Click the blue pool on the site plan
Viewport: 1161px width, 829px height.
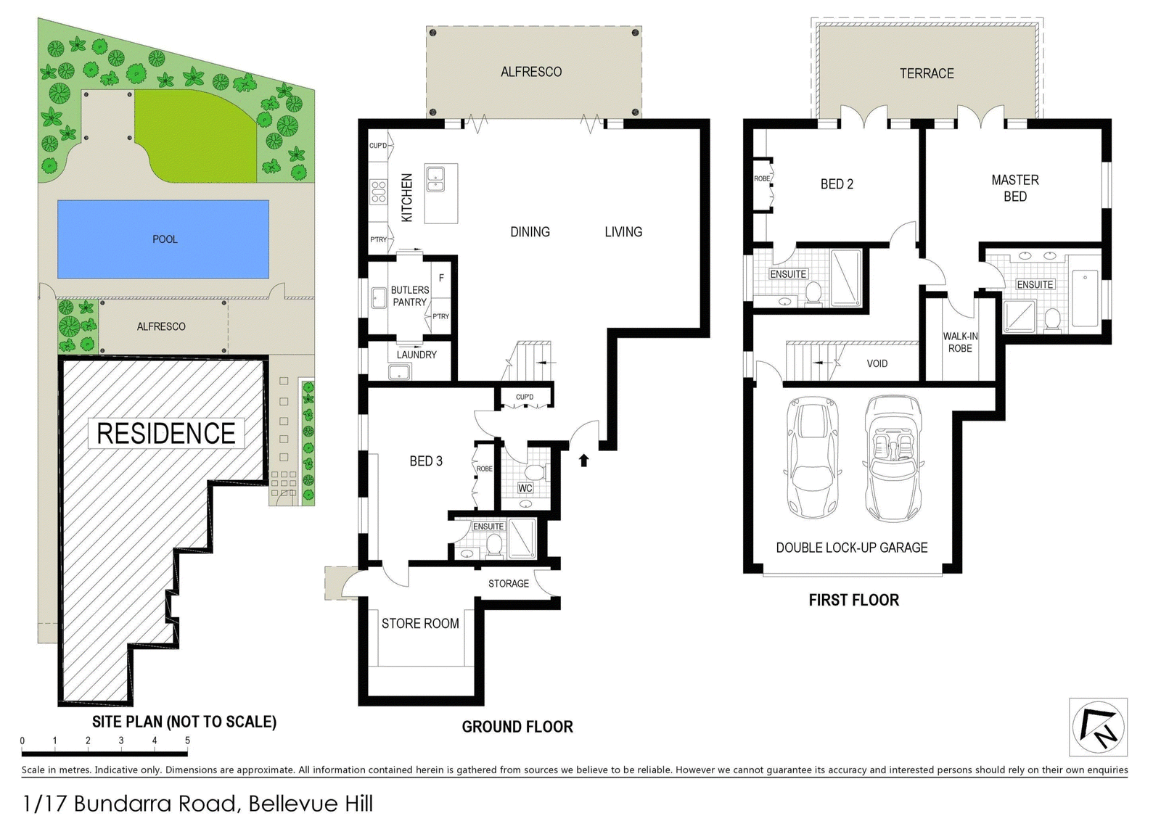(x=163, y=239)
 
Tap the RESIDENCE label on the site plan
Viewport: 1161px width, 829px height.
(x=166, y=433)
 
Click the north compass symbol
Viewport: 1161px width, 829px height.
(x=1099, y=727)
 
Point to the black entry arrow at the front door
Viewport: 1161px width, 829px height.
(x=584, y=460)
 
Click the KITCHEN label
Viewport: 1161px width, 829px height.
(x=407, y=197)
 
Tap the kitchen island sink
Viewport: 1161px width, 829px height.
(x=435, y=178)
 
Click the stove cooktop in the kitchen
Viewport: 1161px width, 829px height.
(x=378, y=191)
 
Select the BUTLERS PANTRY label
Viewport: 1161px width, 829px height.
(x=410, y=296)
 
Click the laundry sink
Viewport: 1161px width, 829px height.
(x=400, y=372)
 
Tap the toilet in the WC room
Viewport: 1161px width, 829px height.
(x=534, y=472)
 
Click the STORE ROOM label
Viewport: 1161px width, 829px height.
(x=420, y=623)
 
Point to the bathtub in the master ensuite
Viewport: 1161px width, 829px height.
(x=1085, y=298)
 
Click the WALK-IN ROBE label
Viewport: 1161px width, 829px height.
(x=960, y=342)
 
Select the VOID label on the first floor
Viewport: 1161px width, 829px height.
(x=877, y=363)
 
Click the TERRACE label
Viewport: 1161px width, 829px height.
(x=927, y=73)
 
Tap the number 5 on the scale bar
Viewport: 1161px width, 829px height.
(x=188, y=741)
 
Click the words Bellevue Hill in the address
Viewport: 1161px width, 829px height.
(x=311, y=804)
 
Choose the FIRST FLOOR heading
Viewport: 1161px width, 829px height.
(x=853, y=600)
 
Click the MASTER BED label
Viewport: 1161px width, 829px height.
(x=1015, y=188)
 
